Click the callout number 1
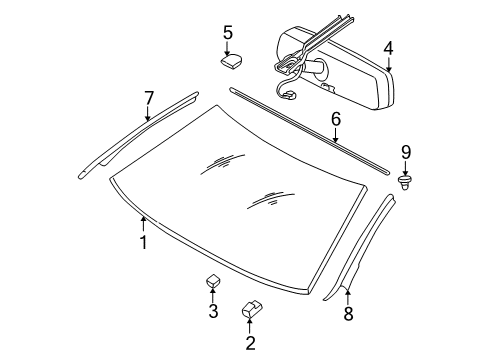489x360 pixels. coord(143,242)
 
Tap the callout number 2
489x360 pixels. coord(250,345)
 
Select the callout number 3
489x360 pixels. coord(213,312)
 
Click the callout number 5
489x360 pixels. coord(228,32)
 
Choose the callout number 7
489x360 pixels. coord(148,97)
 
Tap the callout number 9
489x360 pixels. coord(406,152)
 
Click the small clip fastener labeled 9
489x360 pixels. coord(406,182)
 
